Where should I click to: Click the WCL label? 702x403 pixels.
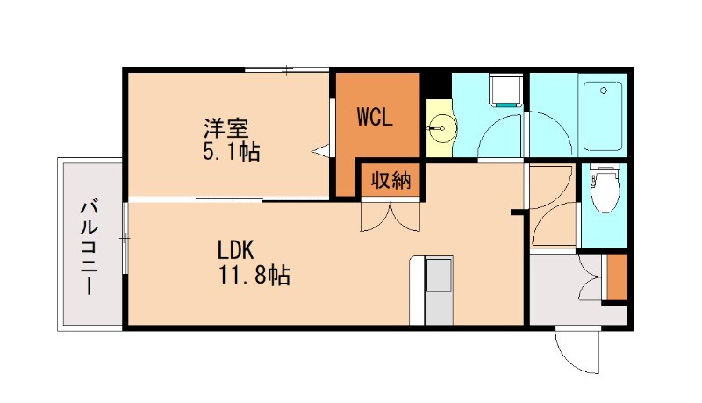pos(375,118)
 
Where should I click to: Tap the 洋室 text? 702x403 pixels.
pos(226,128)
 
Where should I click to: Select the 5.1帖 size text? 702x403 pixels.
pos(231,151)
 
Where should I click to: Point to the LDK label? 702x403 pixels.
pos(235,250)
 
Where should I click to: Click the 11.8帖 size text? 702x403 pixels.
pos(254,275)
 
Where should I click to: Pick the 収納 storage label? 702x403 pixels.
pos(390,181)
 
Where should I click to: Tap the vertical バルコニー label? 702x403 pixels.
pos(90,248)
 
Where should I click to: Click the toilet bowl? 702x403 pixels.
pos(605,189)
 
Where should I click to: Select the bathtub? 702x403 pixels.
pos(603,116)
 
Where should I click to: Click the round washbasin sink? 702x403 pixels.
pos(442,128)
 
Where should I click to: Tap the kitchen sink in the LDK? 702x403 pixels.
pos(438,275)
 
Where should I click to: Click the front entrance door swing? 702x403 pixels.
pos(577,351)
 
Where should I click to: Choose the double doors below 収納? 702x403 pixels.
pos(390,216)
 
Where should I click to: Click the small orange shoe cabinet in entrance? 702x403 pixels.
pos(618,277)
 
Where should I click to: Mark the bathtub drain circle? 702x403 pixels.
pos(603,90)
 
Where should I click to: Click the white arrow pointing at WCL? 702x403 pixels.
pos(320,151)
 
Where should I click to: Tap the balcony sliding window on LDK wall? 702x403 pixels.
pos(125,237)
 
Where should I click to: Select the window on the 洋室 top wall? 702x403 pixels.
pos(287,69)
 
